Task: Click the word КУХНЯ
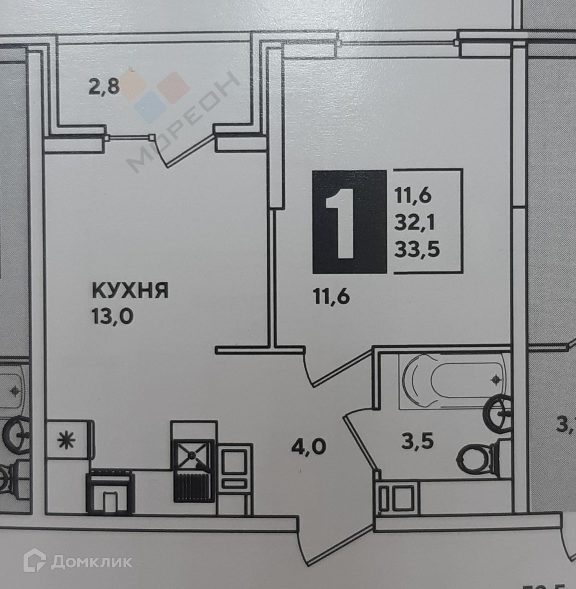coord(130,291)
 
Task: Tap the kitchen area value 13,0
coord(111,317)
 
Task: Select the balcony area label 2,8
coord(104,88)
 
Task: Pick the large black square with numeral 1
coord(349,222)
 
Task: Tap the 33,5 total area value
coord(417,249)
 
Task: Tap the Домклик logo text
coord(91,562)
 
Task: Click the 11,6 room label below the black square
coord(332,296)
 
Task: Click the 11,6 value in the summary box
coord(413,196)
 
